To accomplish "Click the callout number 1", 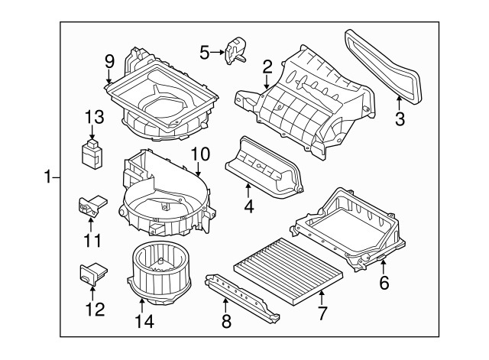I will point(48,177).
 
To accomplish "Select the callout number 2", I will point(267,66).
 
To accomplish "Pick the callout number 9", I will point(109,60).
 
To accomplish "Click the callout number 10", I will point(200,153).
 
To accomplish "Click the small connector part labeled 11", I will point(90,206).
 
